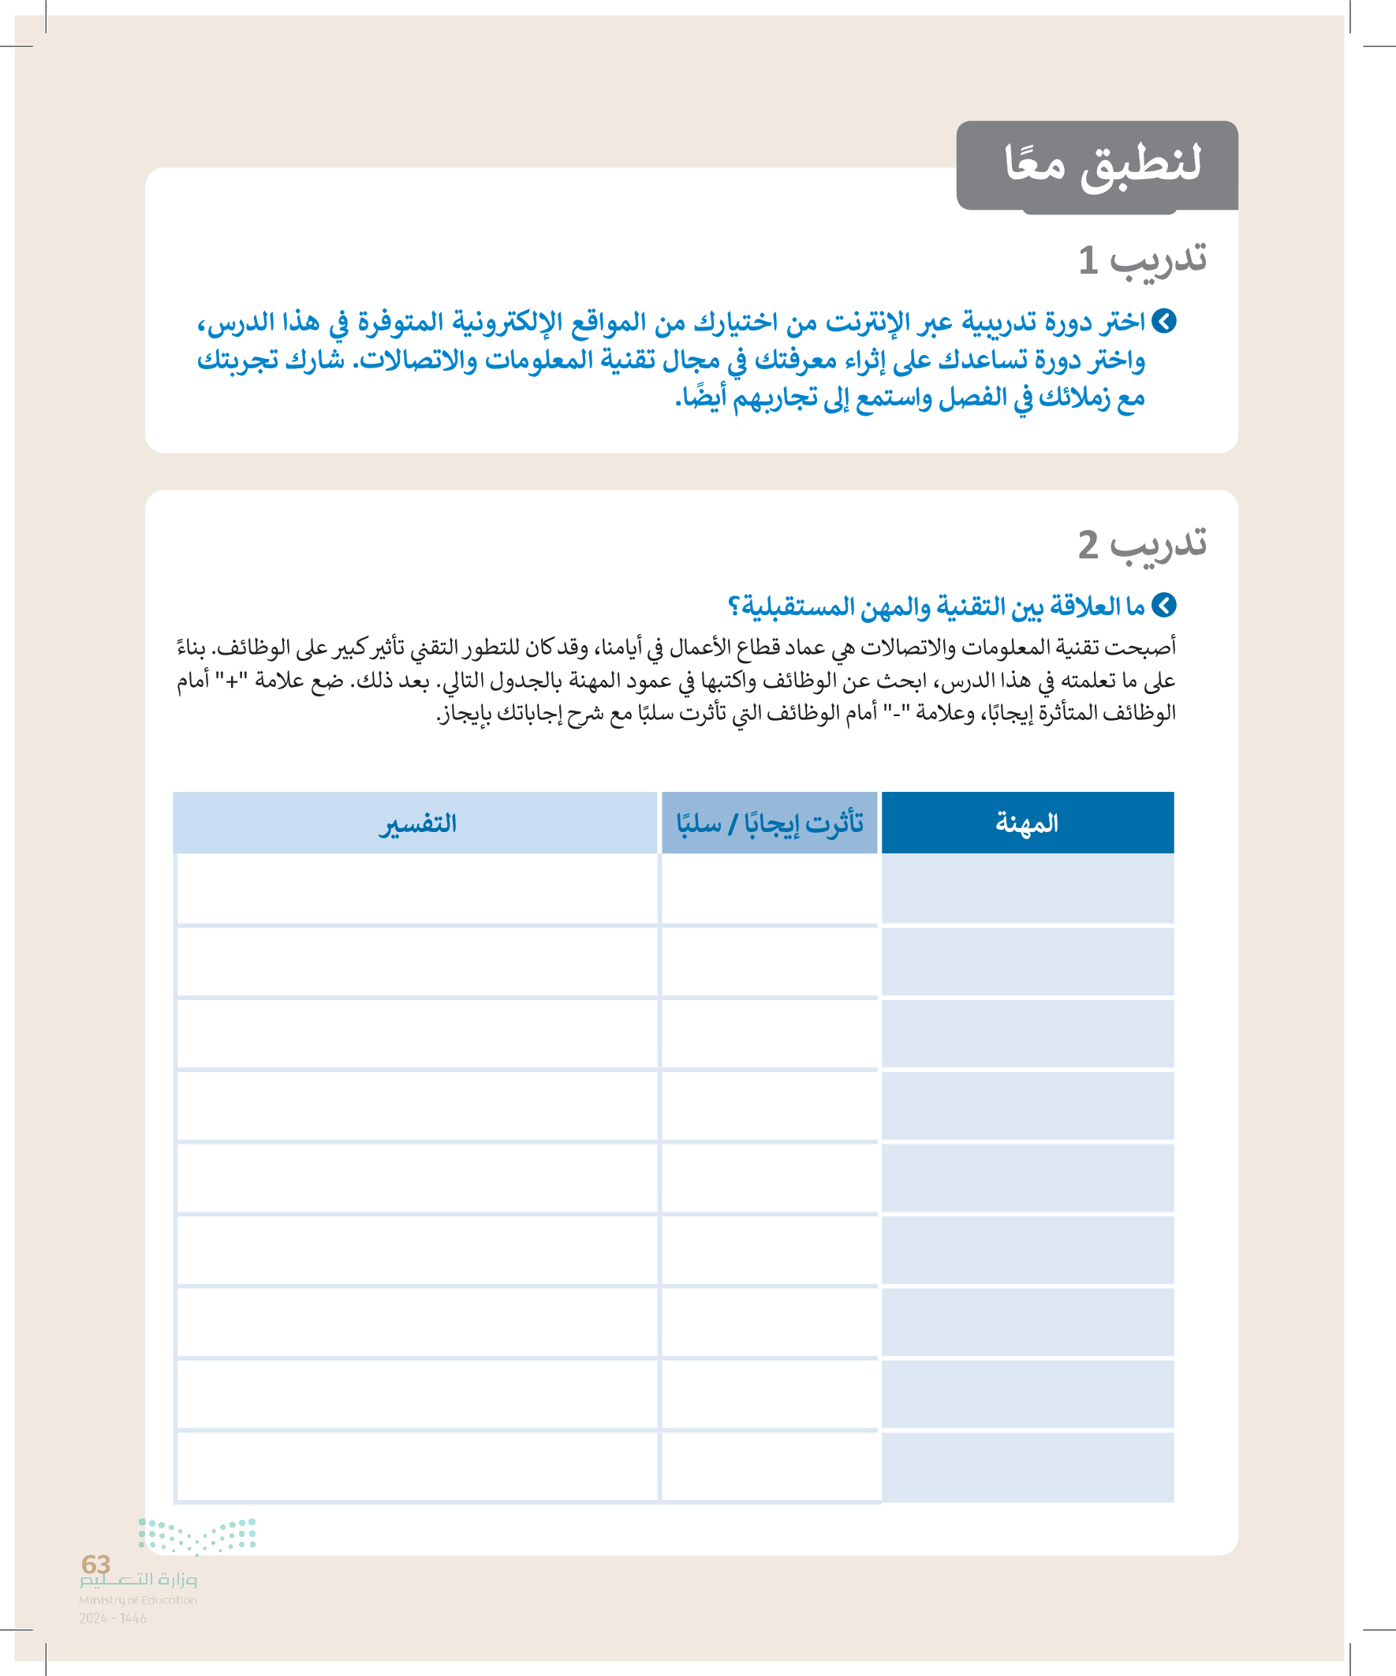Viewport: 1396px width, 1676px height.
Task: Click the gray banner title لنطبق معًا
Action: coord(1103,165)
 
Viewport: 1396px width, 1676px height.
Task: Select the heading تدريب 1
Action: coord(1142,260)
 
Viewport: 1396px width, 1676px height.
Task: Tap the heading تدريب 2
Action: coord(1142,545)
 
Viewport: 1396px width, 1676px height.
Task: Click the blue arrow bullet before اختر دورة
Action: coord(1165,322)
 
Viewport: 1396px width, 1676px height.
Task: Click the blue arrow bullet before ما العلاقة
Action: coord(1165,606)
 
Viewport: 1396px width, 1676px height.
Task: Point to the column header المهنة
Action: coord(1026,823)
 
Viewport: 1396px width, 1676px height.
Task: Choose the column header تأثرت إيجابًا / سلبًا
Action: coord(770,823)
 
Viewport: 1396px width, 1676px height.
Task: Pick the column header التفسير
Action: coord(417,823)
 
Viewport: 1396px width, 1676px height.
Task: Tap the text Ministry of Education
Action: coord(137,1599)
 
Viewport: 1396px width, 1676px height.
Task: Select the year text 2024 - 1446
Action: coord(113,1618)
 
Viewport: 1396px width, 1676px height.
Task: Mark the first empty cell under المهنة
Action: coord(1027,888)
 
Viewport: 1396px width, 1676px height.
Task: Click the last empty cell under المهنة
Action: coord(1027,1466)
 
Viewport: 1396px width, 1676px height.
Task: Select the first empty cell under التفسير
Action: coord(417,888)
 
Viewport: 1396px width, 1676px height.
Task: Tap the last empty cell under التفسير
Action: coord(417,1466)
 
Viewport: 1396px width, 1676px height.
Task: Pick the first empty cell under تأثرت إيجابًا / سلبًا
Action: coord(770,888)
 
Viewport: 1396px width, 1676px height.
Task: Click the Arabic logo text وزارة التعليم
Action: coord(138,1581)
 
